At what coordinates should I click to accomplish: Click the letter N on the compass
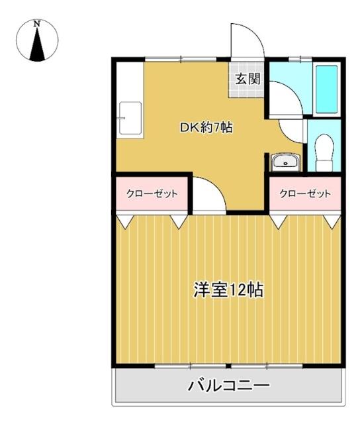37,24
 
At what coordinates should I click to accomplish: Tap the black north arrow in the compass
37,44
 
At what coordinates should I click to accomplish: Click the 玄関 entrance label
248,79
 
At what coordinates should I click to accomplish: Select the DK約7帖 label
206,127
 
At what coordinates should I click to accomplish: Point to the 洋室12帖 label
228,290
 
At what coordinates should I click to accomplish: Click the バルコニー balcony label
229,386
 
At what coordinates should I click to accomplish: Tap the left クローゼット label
152,193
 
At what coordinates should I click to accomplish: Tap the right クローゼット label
305,193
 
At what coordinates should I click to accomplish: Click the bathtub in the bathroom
326,89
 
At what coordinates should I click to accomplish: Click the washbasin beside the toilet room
285,162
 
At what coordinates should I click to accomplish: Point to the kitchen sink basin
130,118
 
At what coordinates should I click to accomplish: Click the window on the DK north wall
181,59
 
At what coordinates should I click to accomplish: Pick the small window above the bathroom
300,59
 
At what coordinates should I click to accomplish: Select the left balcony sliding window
191,366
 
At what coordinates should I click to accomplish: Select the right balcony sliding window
267,366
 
